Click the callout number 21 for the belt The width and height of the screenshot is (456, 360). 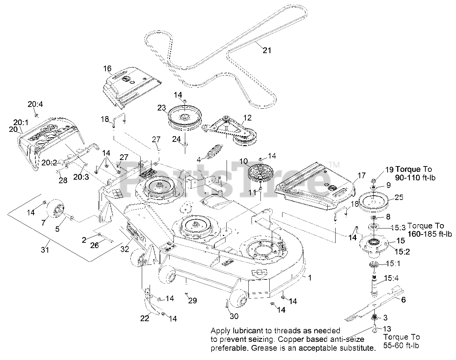267,50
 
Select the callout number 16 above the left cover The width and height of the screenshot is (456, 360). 107,68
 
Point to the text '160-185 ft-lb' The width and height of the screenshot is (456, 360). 430,234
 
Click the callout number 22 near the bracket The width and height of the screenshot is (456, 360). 144,318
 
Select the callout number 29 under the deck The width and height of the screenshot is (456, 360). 192,300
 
